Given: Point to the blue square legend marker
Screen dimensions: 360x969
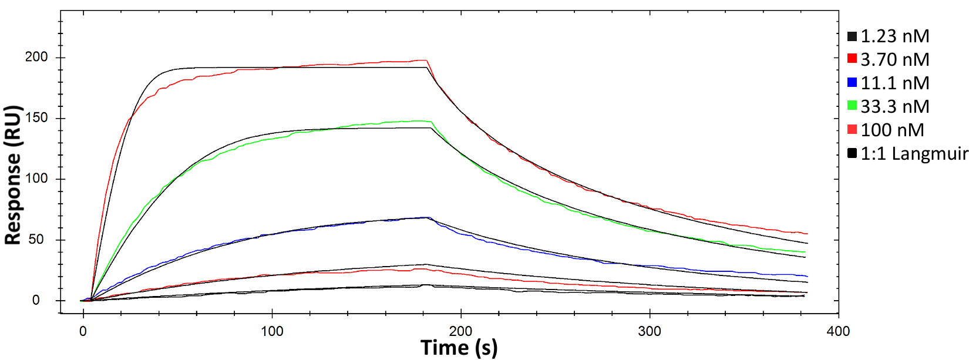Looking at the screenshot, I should pyautogui.click(x=852, y=83).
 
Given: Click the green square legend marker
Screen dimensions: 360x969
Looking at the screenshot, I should pyautogui.click(x=852, y=106).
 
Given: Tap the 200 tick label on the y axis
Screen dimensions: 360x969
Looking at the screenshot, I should pyautogui.click(x=36, y=57).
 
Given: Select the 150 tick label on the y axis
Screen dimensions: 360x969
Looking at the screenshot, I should pyautogui.click(x=36, y=118).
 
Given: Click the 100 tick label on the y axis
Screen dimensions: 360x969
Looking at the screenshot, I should pyautogui.click(x=36, y=179).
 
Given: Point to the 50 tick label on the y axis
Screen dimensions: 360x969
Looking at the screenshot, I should pyautogui.click(x=36, y=240).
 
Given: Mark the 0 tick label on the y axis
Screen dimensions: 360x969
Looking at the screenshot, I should pyautogui.click(x=36, y=300).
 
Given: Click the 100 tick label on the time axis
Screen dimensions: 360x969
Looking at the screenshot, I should pyautogui.click(x=272, y=331).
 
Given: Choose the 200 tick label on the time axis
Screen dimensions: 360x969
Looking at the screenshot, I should pyautogui.click(x=460, y=331).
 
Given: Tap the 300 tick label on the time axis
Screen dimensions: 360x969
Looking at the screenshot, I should pyautogui.click(x=650, y=331).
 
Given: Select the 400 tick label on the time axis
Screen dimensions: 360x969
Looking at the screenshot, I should pyautogui.click(x=838, y=331).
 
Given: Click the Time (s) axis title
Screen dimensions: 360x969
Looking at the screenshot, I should pyautogui.click(x=459, y=348).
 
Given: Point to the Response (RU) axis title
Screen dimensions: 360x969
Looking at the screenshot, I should pyautogui.click(x=13, y=175).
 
